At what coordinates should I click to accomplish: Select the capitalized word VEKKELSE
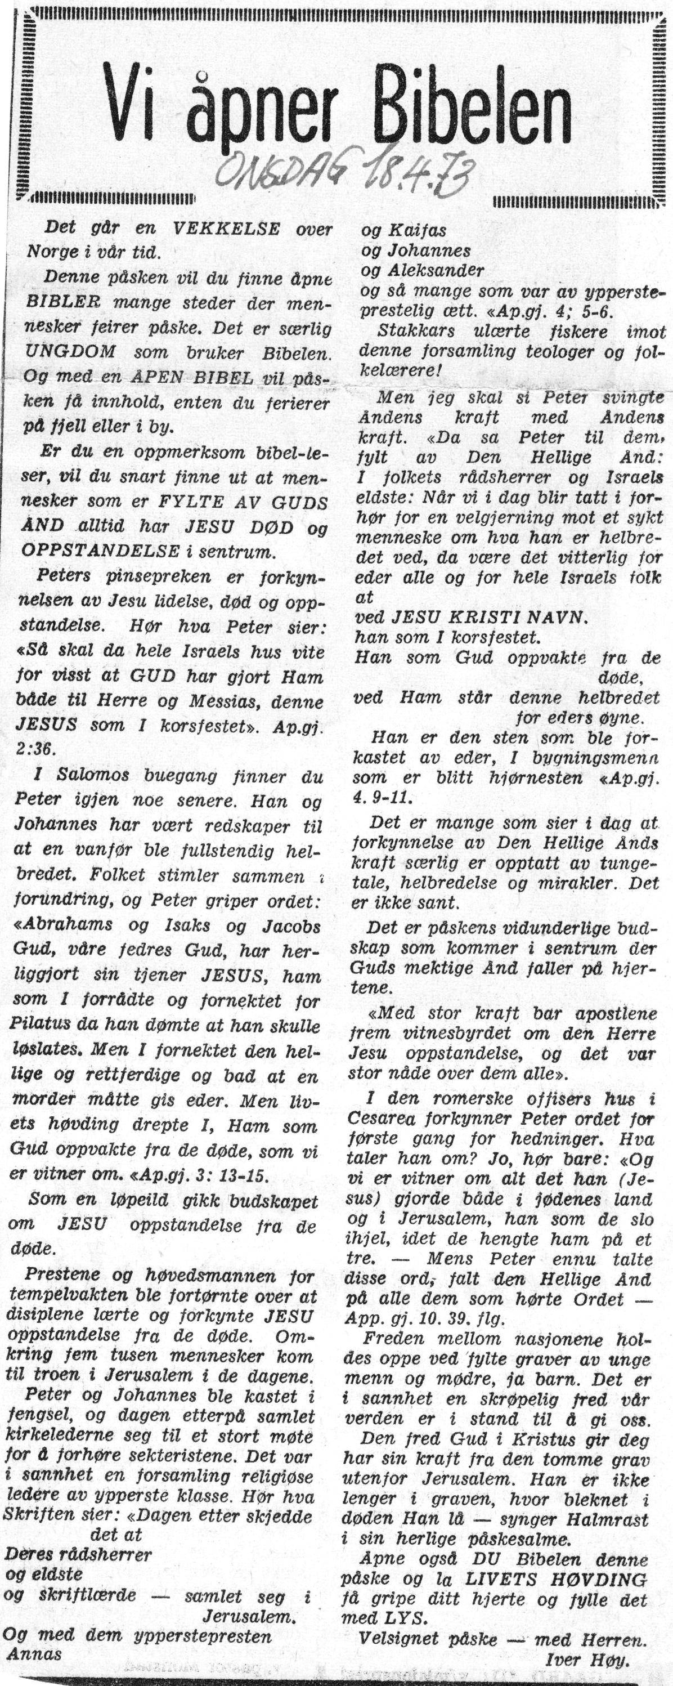tap(226, 229)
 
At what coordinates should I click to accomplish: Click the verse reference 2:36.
tap(36, 748)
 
